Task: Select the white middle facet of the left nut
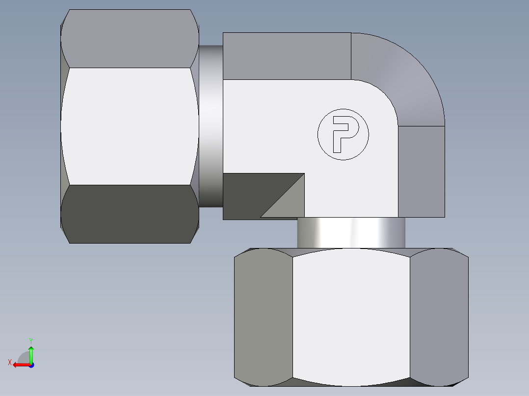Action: [130, 126]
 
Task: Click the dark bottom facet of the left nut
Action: [130, 214]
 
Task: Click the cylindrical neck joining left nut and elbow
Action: [211, 126]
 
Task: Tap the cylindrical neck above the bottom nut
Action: [351, 233]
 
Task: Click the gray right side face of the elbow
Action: [421, 172]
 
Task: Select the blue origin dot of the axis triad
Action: [31, 365]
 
